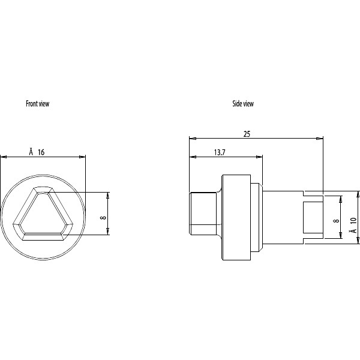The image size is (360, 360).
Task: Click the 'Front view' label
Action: [37, 104]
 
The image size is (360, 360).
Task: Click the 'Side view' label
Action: [243, 104]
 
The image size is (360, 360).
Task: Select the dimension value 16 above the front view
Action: [41, 152]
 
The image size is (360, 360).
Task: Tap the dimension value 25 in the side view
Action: [247, 134]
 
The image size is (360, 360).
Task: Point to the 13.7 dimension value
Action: [219, 153]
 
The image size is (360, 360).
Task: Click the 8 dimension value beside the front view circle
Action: [103, 214]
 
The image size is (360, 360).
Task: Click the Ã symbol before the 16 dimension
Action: [31, 152]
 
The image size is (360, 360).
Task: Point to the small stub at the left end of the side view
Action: [203, 214]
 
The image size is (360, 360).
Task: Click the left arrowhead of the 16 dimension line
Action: [3, 157]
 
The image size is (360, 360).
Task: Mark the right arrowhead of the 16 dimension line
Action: [83, 157]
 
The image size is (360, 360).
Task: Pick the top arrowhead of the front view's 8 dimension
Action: [109, 194]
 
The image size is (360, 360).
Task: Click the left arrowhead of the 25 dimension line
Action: [191, 139]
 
